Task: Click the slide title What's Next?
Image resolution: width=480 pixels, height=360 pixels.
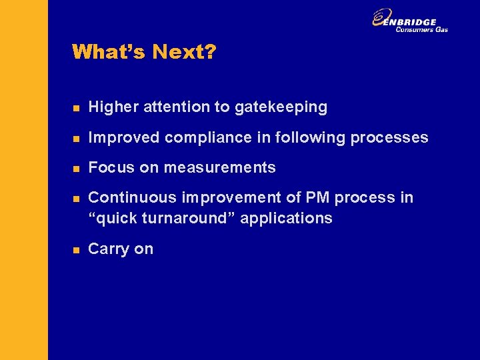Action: click(x=144, y=52)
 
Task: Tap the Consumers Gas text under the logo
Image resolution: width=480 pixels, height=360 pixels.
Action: click(x=421, y=29)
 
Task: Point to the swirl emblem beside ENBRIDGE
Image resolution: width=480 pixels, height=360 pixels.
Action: click(x=381, y=19)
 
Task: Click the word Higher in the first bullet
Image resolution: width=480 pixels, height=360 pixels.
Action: click(x=109, y=107)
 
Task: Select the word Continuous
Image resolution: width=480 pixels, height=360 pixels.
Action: click(x=127, y=197)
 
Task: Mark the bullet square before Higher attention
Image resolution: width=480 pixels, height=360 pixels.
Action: click(x=77, y=107)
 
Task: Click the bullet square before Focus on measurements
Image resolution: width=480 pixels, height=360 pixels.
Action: click(x=77, y=168)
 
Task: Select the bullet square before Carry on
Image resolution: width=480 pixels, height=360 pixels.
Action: click(x=77, y=249)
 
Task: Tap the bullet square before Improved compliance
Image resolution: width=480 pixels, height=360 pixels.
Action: click(x=77, y=138)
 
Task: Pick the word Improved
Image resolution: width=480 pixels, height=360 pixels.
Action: click(x=124, y=137)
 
